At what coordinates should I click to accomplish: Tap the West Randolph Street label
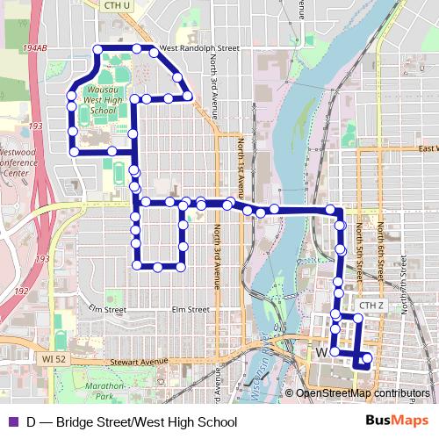click(x=199, y=48)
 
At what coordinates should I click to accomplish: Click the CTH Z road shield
click(x=371, y=306)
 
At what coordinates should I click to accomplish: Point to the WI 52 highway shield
click(x=54, y=359)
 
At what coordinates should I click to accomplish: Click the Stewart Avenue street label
click(x=139, y=361)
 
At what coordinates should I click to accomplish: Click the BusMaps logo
click(x=399, y=421)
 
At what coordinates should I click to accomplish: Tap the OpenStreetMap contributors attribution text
click(x=363, y=393)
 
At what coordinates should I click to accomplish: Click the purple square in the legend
click(x=12, y=422)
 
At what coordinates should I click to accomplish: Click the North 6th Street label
click(x=380, y=247)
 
